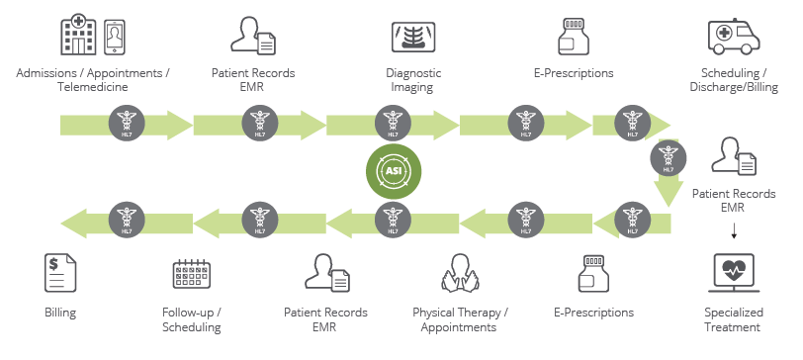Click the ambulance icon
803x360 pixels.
click(735, 38)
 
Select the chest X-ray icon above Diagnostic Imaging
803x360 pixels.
click(413, 38)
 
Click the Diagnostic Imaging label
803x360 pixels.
click(413, 80)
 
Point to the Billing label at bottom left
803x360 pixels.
click(60, 313)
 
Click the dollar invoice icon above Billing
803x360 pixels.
click(60, 272)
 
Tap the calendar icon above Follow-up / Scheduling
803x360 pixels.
click(191, 273)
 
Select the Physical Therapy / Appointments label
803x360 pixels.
click(460, 319)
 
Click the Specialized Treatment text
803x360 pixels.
click(732, 319)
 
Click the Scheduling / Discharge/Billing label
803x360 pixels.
click(735, 80)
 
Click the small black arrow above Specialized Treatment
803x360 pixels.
click(733, 233)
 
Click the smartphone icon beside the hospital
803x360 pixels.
click(118, 37)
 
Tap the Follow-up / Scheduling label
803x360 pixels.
click(191, 319)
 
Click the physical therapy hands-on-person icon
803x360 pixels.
click(460, 273)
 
